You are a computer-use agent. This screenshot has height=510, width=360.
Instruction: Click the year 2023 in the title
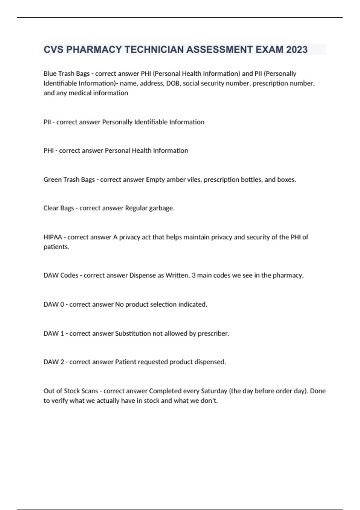click(x=297, y=49)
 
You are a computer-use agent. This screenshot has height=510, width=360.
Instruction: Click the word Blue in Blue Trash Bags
click(x=50, y=73)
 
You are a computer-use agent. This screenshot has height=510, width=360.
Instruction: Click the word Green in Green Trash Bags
click(x=52, y=179)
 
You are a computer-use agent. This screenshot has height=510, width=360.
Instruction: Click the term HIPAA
click(x=52, y=237)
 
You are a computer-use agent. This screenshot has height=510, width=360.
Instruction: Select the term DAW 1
click(x=54, y=333)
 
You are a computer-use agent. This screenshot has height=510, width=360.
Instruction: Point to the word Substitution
click(x=133, y=333)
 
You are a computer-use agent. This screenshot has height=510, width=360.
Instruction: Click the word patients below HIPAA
click(x=56, y=247)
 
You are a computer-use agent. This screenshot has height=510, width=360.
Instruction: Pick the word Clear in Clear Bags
click(x=51, y=208)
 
